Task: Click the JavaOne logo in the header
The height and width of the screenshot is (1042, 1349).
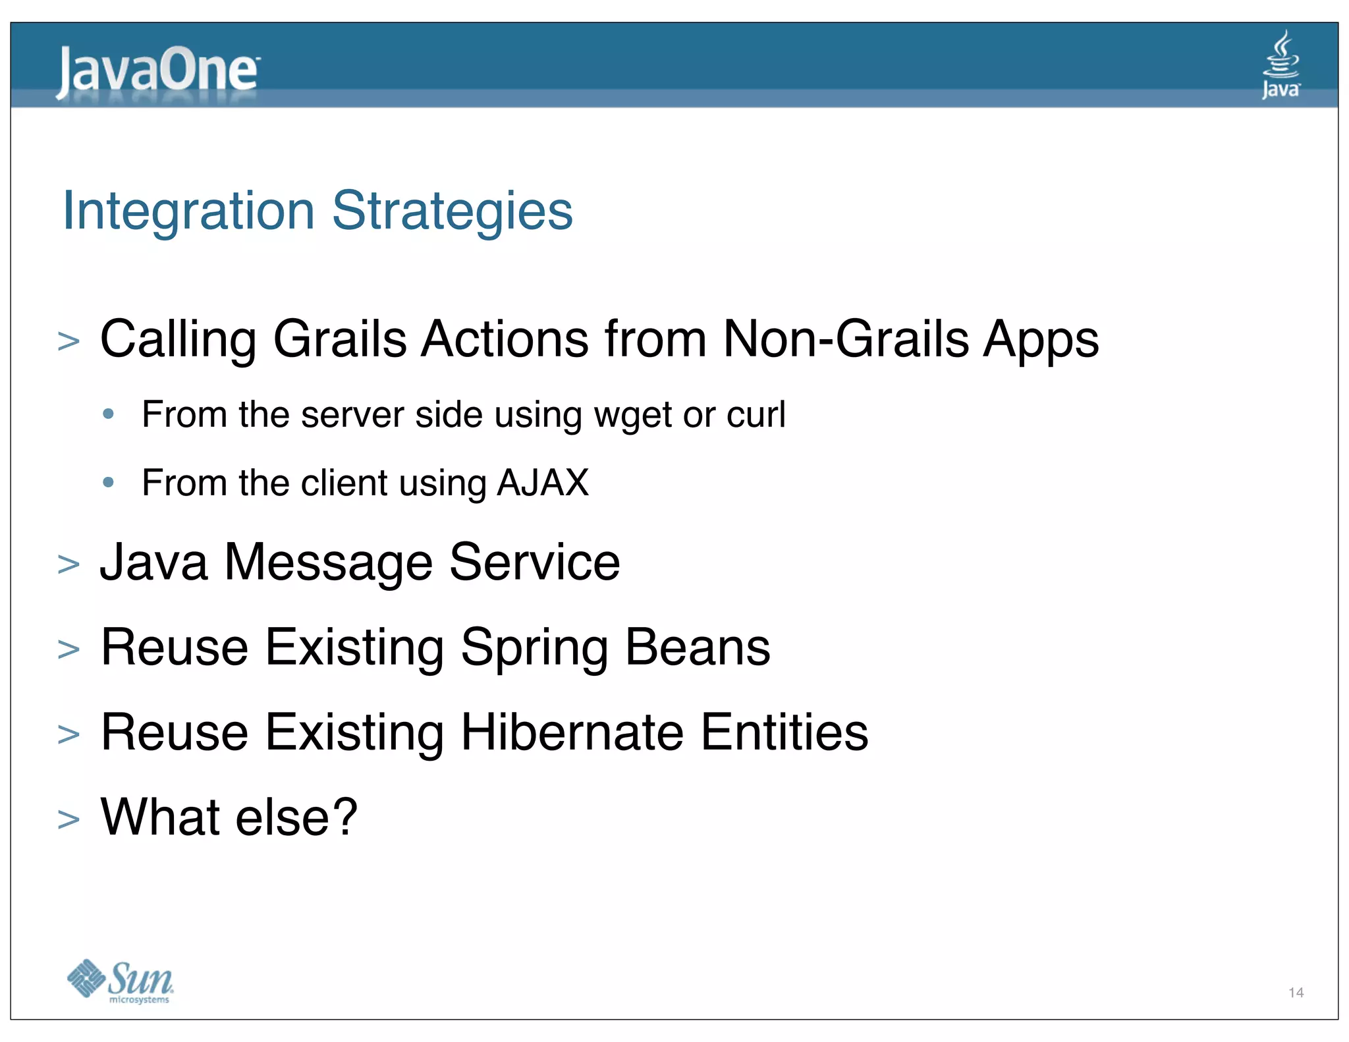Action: (157, 71)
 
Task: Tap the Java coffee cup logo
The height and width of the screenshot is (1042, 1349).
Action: (1280, 64)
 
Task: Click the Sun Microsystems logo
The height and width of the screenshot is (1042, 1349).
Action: (121, 981)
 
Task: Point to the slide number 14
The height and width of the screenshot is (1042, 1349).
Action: (1296, 993)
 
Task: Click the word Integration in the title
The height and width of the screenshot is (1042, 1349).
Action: (188, 211)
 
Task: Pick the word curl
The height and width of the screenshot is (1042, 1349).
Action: (756, 415)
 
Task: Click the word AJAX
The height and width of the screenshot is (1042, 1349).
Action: (542, 483)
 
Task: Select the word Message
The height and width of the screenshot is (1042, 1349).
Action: (329, 563)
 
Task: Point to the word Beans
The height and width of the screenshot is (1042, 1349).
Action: (697, 647)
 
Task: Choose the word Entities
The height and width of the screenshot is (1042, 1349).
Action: (784, 732)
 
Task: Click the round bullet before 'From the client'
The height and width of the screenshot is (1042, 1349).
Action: (109, 483)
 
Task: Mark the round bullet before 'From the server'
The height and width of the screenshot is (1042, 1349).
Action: (109, 414)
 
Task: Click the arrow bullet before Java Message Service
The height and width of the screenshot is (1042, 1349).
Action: (69, 565)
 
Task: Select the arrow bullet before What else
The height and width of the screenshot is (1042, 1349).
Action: (69, 820)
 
